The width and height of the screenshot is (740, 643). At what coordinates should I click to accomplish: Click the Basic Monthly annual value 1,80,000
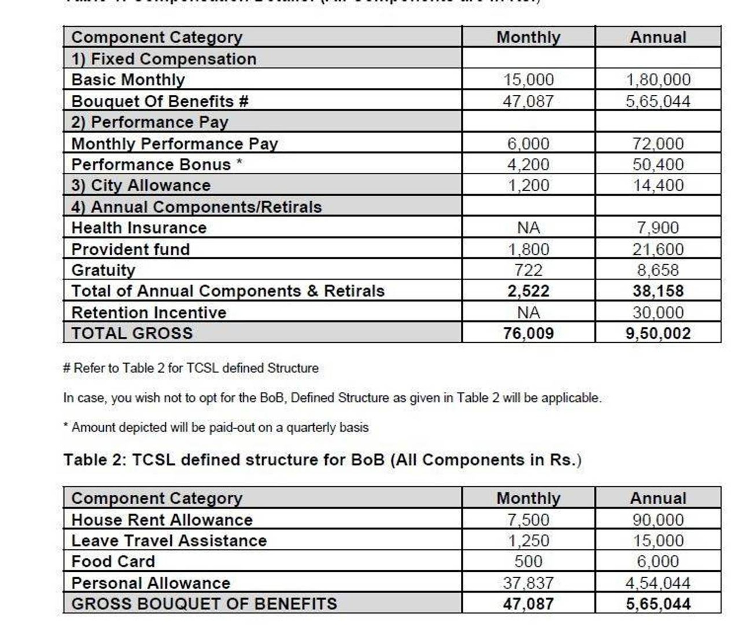[658, 80]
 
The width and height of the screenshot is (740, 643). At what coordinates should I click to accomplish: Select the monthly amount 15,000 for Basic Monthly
[528, 80]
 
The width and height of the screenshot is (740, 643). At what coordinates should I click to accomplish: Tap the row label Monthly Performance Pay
[175, 144]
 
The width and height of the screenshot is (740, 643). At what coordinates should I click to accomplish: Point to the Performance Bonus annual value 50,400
[658, 165]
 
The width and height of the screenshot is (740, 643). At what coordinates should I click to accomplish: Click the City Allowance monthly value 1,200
[528, 186]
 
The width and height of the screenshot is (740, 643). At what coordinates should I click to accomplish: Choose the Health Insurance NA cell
[528, 228]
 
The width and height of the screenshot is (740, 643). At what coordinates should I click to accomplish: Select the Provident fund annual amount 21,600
[658, 250]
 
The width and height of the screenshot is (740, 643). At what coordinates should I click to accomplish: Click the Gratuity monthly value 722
[528, 270]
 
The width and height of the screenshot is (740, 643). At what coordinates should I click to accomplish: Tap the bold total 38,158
[658, 291]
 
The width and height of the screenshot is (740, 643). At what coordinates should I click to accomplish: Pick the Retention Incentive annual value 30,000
[658, 312]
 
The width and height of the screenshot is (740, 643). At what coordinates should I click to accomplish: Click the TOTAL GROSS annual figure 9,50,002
[658, 333]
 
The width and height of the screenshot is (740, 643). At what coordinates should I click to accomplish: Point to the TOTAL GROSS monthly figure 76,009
[528, 333]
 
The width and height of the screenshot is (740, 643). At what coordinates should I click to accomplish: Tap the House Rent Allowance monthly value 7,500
[528, 520]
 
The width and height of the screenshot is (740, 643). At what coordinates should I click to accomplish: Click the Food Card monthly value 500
[528, 562]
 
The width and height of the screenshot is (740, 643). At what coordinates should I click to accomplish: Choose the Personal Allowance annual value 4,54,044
[658, 583]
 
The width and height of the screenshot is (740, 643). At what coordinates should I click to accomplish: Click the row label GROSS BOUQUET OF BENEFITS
[204, 604]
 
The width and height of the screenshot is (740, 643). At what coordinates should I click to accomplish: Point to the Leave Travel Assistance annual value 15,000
[658, 541]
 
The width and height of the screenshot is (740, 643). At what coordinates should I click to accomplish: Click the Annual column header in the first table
[658, 37]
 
